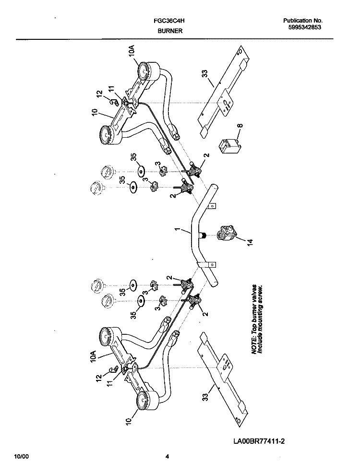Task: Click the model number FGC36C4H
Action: tap(169, 21)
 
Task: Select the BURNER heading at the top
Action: tap(170, 31)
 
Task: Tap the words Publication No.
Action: tap(303, 21)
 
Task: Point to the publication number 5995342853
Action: tap(304, 27)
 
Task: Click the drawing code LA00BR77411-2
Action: tap(259, 441)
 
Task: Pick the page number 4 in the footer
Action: tap(167, 457)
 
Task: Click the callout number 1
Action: tap(177, 229)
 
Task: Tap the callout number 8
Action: tap(240, 126)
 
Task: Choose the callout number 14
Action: tap(250, 242)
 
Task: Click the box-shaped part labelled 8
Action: tap(228, 146)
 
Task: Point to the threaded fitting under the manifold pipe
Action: tap(203, 235)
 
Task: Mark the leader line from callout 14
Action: tap(240, 238)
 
